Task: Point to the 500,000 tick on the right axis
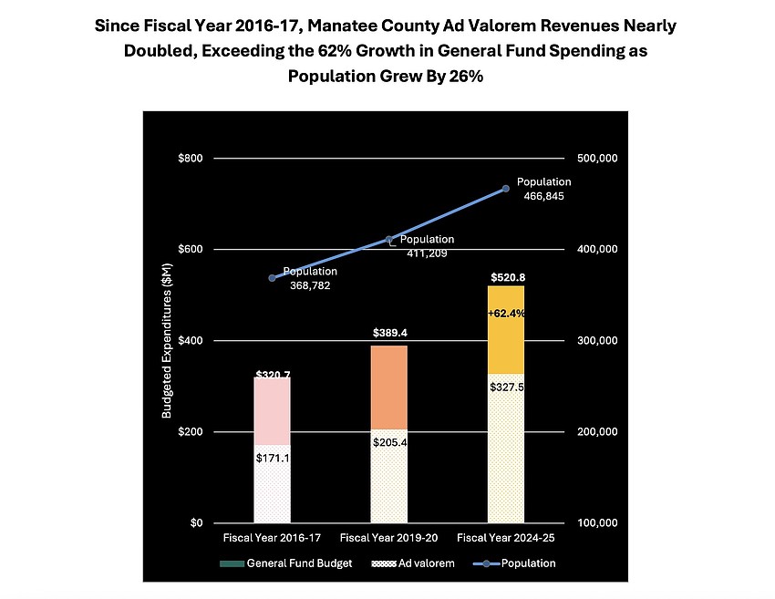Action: [598, 159]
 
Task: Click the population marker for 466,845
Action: [506, 189]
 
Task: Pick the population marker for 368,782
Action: [272, 278]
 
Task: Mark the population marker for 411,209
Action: [389, 240]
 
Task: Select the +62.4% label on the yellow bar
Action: [506, 313]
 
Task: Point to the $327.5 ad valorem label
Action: [506, 387]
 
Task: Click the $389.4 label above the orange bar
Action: [389, 335]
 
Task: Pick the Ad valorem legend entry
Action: [416, 563]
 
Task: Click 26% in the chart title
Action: [465, 77]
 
